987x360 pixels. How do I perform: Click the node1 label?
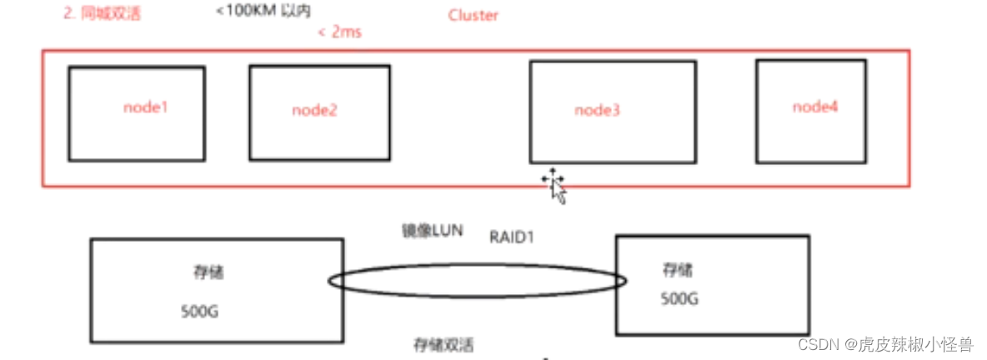145,107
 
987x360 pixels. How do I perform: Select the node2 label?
315,110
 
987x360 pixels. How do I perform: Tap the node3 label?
598,110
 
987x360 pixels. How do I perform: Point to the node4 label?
815,107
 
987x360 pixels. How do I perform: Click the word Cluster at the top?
473,16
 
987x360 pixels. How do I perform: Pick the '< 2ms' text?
339,32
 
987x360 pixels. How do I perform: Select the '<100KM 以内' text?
263,11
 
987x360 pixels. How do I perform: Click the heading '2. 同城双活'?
102,14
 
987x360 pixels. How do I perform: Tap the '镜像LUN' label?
433,231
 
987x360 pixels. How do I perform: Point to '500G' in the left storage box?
199,311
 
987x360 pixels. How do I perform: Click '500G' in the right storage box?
679,299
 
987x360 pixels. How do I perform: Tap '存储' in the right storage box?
677,271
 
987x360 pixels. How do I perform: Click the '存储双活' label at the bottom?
443,345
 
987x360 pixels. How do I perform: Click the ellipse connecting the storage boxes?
477,265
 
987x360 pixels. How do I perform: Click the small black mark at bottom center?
546,358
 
